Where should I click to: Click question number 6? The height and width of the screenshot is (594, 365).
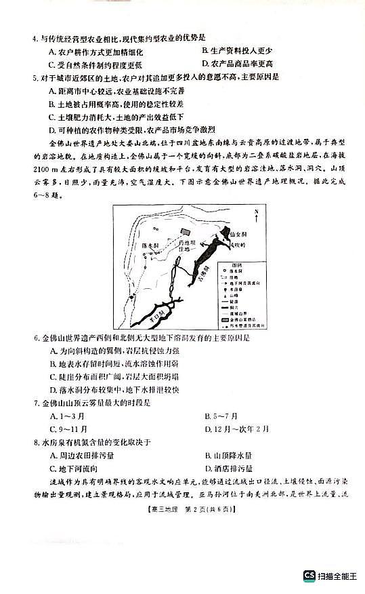coord(35,337)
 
